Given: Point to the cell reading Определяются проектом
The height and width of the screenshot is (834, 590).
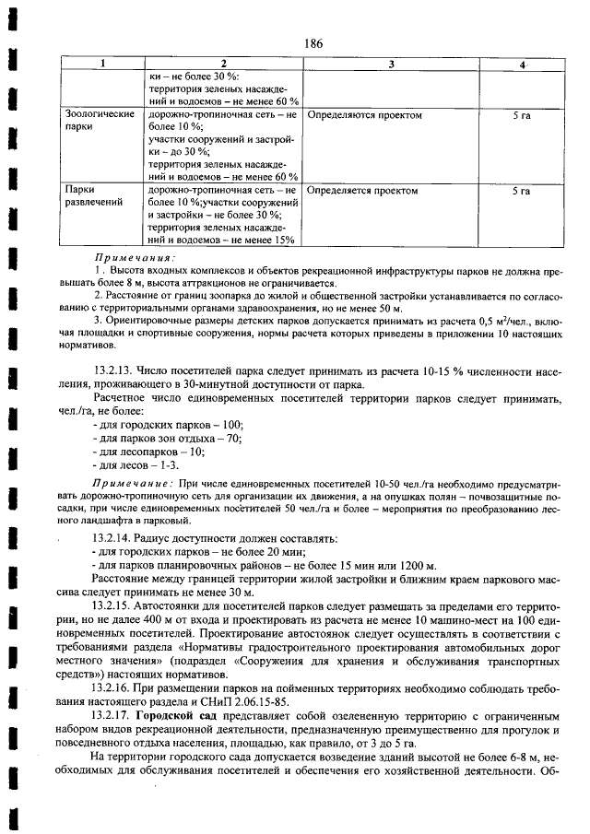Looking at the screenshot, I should coord(364,116).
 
